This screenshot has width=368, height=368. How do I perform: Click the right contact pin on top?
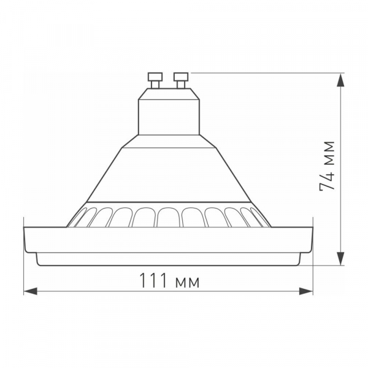(181, 79)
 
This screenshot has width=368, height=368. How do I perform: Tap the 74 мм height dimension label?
(328, 167)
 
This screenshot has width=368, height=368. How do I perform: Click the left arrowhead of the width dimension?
(28, 291)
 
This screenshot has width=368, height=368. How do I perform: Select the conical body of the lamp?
(168, 175)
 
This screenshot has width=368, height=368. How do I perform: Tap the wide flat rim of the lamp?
(168, 240)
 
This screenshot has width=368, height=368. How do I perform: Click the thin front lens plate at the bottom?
(168, 259)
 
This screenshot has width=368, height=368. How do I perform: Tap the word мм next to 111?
(187, 283)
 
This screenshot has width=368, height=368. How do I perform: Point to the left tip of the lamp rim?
(25, 233)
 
